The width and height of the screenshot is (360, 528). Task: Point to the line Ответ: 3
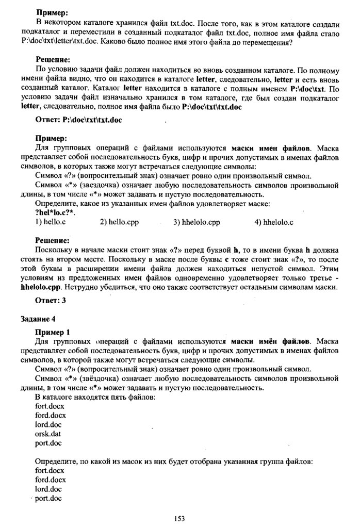pyautogui.click(x=50, y=300)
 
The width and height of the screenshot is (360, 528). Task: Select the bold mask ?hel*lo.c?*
pyautogui.click(x=55, y=213)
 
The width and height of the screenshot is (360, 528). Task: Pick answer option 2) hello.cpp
pyautogui.click(x=120, y=222)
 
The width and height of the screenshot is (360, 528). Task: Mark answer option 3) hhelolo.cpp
pyautogui.click(x=197, y=222)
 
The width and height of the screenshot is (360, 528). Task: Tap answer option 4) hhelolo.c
pyautogui.click(x=274, y=222)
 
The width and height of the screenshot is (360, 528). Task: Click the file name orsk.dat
pyautogui.click(x=48, y=434)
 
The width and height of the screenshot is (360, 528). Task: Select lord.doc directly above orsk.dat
pyautogui.click(x=48, y=424)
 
